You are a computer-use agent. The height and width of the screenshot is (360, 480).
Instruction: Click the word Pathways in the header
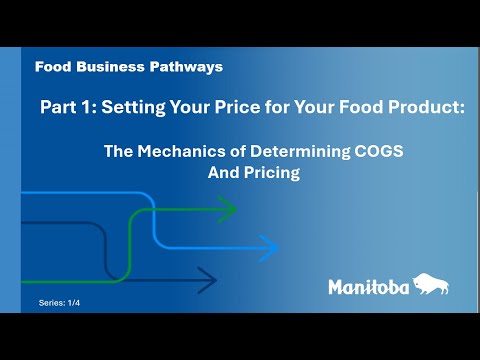(x=187, y=67)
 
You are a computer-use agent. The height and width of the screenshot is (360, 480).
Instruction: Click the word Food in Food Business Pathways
(x=51, y=67)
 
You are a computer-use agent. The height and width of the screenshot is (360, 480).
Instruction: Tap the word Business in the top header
(x=110, y=67)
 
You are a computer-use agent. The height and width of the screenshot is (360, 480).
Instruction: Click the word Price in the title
(x=238, y=106)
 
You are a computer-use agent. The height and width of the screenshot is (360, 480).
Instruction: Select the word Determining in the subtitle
(x=270, y=152)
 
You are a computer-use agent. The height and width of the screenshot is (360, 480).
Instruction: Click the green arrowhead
(x=228, y=210)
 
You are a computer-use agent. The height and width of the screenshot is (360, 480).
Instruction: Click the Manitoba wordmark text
(x=368, y=288)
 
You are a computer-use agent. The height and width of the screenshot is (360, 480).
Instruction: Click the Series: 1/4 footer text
(x=59, y=301)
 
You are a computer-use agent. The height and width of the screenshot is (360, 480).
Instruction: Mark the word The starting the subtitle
(x=119, y=152)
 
